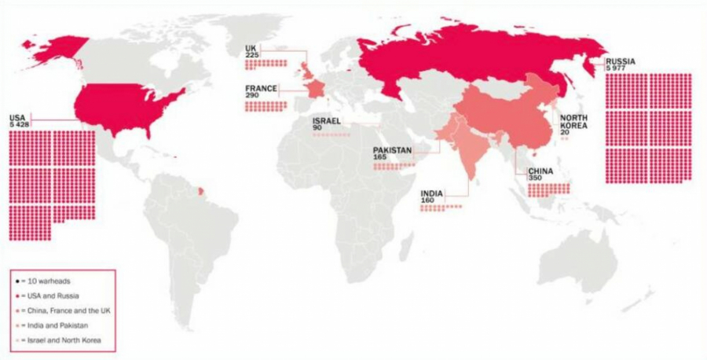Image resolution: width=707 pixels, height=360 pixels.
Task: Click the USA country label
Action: point(16,118)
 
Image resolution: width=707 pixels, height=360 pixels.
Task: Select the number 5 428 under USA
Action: point(19,125)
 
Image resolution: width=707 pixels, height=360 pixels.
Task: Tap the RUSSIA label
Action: point(621,61)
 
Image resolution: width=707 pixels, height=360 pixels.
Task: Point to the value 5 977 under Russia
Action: point(617,68)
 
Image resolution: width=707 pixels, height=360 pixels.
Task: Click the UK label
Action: point(251,47)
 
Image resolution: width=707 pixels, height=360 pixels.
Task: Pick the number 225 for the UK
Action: point(252,54)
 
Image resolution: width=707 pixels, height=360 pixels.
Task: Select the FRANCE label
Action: point(260,88)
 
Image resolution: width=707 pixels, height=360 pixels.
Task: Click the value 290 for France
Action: point(252,95)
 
